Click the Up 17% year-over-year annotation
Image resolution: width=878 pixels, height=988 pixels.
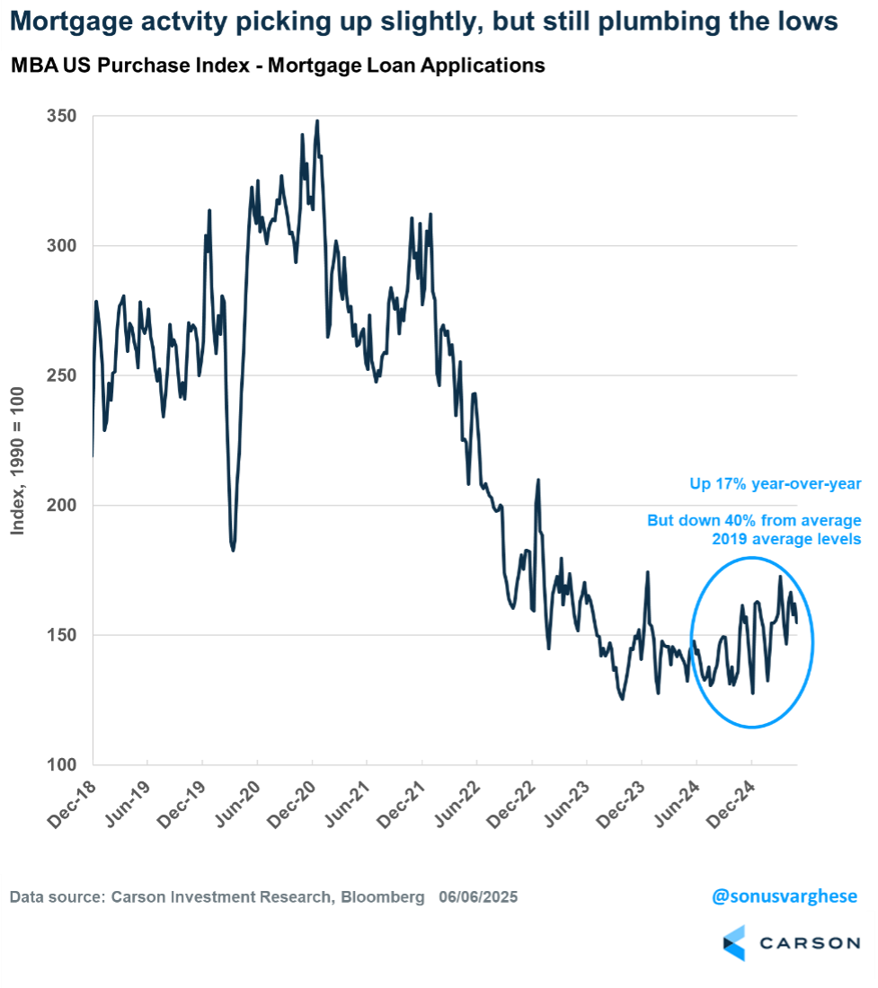point(776,485)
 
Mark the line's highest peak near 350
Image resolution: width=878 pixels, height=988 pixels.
point(317,121)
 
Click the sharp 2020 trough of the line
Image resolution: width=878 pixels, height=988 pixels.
point(233,550)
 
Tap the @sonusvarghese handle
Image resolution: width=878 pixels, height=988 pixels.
point(784,896)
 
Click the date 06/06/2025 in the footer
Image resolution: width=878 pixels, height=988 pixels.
point(478,897)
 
